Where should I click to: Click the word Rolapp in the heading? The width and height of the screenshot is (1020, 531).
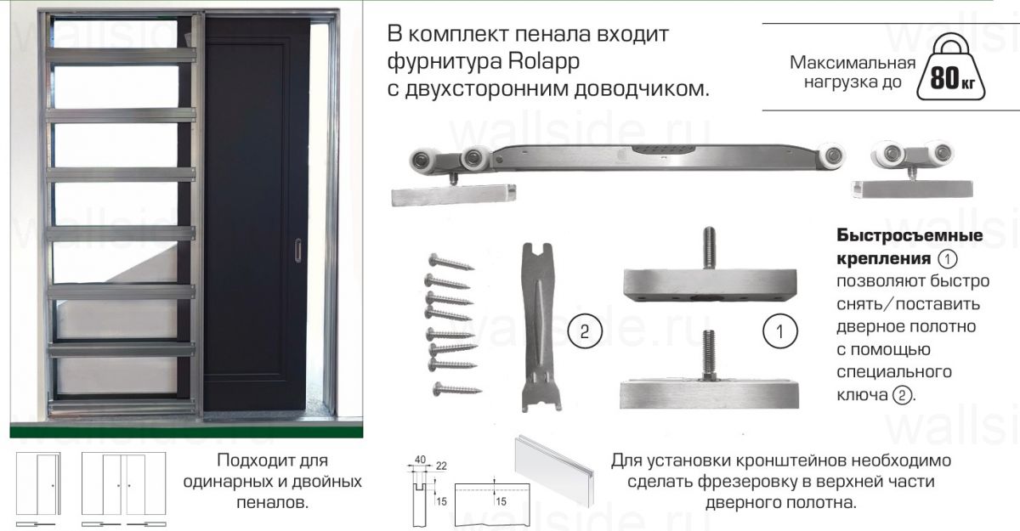[x=544, y=62]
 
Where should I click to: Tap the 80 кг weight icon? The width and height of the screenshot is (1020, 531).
[x=951, y=67]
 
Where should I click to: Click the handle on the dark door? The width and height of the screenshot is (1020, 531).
[x=297, y=251]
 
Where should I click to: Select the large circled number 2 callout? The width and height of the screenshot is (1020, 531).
[x=585, y=331]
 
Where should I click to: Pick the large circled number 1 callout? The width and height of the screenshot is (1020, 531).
[x=780, y=331]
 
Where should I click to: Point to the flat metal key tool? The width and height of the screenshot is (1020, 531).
[x=541, y=327]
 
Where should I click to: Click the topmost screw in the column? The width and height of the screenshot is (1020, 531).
[x=451, y=262]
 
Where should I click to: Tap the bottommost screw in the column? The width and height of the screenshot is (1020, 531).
[x=456, y=389]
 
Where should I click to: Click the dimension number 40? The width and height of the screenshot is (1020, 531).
[x=420, y=460]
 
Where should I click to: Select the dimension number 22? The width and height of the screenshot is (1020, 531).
[x=441, y=466]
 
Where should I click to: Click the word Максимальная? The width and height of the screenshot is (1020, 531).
[x=853, y=63]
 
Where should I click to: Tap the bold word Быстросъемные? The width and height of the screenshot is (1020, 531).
[x=909, y=235]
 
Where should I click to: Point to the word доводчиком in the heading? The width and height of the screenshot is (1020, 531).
[x=641, y=89]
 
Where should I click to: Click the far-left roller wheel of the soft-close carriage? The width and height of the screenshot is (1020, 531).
[x=422, y=161]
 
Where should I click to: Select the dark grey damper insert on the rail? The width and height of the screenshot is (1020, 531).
[x=665, y=150]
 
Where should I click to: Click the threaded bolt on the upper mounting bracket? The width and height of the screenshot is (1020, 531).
[x=709, y=247]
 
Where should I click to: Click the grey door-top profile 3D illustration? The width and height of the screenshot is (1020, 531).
[x=554, y=471]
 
